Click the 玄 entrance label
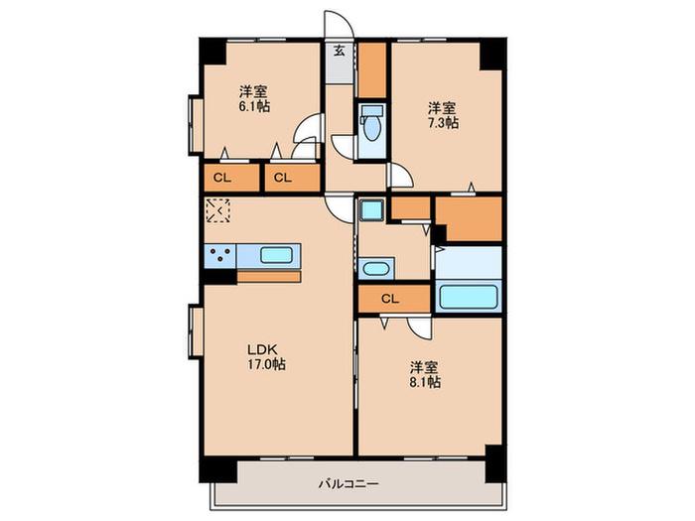tap(340, 51)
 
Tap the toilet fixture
tap(372, 124)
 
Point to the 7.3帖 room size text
tap(443, 123)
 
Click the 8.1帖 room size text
tap(425, 382)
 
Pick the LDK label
tap(262, 349)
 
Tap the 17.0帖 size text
tap(266, 364)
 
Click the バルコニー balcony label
tap(348, 483)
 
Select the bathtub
tap(468, 297)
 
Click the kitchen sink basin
tap(276, 256)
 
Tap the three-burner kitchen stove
tap(219, 256)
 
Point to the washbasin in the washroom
tap(375, 269)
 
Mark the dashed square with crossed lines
tap(218, 210)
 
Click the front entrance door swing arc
tap(340, 22)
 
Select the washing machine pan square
tap(371, 209)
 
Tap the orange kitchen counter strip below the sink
tap(269, 277)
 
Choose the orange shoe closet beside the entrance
tap(372, 69)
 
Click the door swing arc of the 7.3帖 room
tap(401, 176)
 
